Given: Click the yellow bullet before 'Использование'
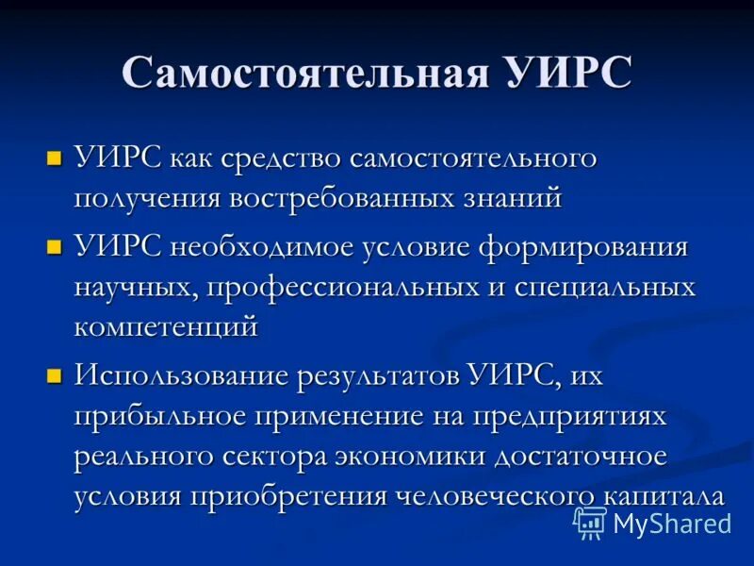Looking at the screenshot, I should [55, 375].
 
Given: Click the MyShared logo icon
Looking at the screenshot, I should [590, 522].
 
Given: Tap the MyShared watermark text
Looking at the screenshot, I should [671, 523].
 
